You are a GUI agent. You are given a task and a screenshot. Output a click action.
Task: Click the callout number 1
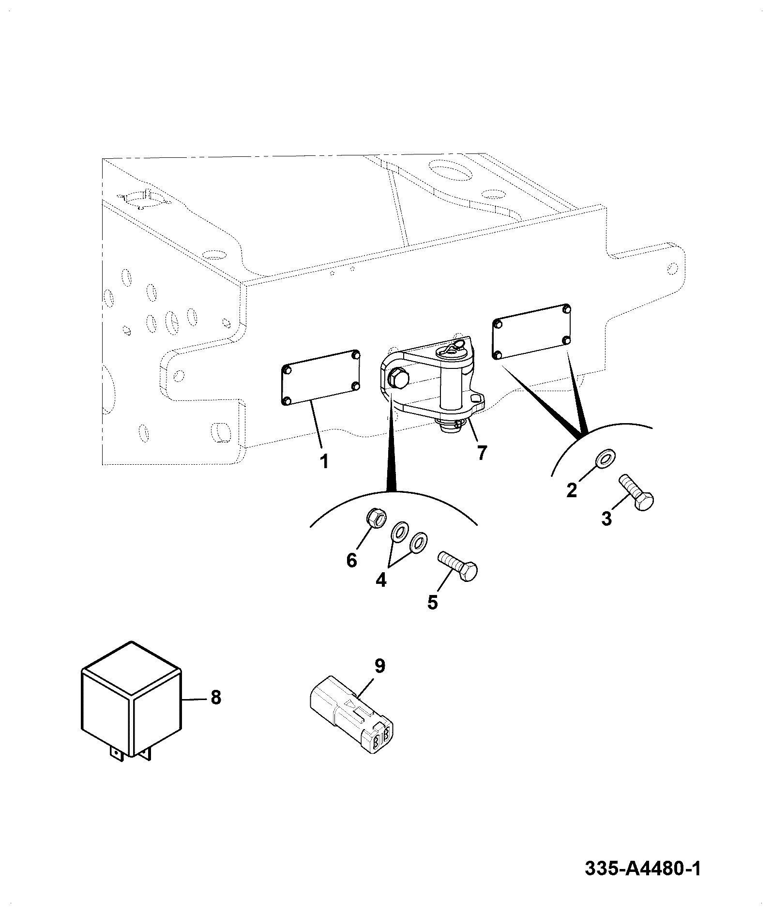(x=324, y=461)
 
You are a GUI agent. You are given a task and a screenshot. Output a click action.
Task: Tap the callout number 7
(x=481, y=453)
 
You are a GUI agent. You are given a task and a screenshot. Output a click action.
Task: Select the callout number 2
(x=572, y=490)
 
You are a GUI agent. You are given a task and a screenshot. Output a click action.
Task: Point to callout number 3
(x=606, y=518)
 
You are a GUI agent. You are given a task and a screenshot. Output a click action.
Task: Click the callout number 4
(x=381, y=579)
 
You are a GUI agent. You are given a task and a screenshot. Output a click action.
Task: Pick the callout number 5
(x=432, y=602)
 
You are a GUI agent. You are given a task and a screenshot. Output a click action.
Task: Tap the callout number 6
(x=351, y=560)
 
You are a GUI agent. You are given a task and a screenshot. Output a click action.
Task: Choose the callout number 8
(x=215, y=698)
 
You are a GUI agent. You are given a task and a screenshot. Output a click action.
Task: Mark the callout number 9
(x=380, y=666)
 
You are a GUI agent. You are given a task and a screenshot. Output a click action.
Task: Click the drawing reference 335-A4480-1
(x=643, y=868)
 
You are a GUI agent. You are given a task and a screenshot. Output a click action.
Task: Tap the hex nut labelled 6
(x=376, y=520)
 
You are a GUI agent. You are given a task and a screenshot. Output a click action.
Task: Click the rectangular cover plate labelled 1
(x=321, y=377)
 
